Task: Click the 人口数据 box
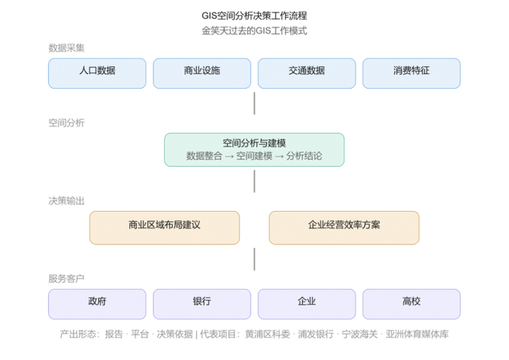(x=97, y=73)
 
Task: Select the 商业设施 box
(x=202, y=73)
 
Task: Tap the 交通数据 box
(x=307, y=73)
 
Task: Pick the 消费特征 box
(x=412, y=73)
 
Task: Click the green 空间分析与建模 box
(x=254, y=150)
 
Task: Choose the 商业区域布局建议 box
(x=164, y=228)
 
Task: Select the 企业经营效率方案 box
(x=344, y=228)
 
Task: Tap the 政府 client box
(x=97, y=304)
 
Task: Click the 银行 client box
(x=202, y=304)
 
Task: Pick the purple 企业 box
(x=307, y=304)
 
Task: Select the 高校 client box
(x=412, y=304)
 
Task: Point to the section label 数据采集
(x=67, y=48)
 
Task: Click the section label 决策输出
(x=67, y=201)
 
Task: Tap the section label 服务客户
(x=67, y=279)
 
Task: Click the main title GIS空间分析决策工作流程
(x=254, y=15)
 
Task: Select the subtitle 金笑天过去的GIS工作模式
(x=254, y=31)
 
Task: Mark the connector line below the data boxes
(x=254, y=103)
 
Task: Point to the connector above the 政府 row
(x=254, y=259)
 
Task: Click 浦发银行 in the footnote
(x=316, y=334)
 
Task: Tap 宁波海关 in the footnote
(x=360, y=334)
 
